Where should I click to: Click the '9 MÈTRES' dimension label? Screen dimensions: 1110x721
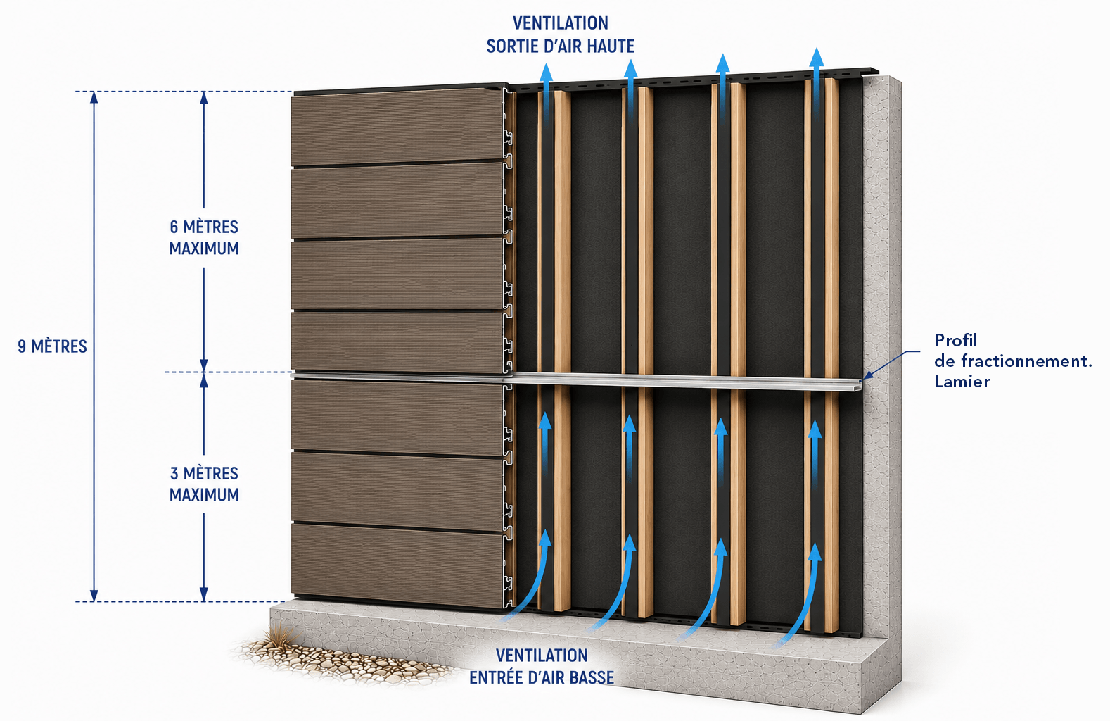click(52, 346)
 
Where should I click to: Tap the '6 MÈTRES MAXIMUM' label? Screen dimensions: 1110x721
click(204, 237)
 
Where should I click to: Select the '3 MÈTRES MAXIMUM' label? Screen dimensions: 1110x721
click(204, 484)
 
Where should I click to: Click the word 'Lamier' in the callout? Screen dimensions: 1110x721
click(962, 382)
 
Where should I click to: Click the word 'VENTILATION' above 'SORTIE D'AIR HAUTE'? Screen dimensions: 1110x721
click(561, 23)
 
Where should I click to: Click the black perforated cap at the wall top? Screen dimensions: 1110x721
click(694, 78)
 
